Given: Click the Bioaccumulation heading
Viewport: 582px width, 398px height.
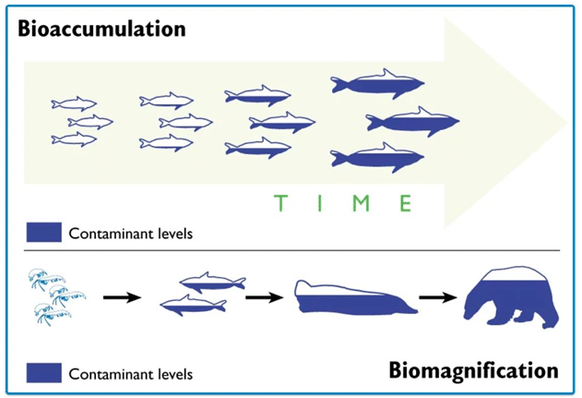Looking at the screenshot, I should pyautogui.click(x=101, y=28).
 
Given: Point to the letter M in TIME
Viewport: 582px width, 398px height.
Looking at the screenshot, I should pyautogui.click(x=362, y=201).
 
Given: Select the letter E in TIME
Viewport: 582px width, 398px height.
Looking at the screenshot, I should pyautogui.click(x=405, y=201).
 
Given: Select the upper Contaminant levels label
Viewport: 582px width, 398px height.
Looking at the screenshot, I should pyautogui.click(x=130, y=233).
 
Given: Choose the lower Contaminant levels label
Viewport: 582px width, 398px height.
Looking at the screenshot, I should pyautogui.click(x=130, y=375).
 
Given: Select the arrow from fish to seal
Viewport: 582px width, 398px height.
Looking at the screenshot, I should pyautogui.click(x=264, y=297).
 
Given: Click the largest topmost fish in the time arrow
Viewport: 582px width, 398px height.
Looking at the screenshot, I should pyautogui.click(x=377, y=85).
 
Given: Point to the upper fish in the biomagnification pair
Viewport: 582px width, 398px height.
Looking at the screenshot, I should pyautogui.click(x=212, y=283).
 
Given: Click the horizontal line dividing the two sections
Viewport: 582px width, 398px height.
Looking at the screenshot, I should pyautogui.click(x=291, y=250).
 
